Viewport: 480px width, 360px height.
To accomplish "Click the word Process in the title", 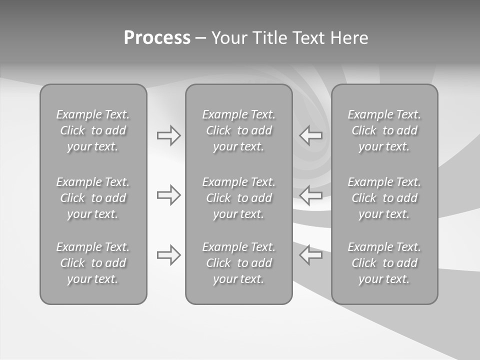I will point(157,38).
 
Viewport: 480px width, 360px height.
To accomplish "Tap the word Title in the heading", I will point(268,38).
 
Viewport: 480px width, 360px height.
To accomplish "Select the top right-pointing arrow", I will point(169,135).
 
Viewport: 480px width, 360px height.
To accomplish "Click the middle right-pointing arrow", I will point(169,195).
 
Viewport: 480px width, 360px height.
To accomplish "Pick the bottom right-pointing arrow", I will point(169,255).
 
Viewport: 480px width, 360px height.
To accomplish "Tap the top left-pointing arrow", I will point(310,135).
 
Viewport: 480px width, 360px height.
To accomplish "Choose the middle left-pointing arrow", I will point(310,195).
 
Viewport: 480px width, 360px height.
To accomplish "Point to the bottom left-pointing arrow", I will point(310,255).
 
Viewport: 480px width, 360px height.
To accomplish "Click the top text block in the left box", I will point(93,130).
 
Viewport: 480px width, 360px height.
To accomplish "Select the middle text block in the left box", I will point(93,198).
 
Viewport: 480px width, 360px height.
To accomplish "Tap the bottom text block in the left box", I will point(93,263).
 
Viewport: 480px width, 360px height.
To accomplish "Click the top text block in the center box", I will point(238,130).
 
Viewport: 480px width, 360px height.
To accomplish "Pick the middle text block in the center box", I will point(238,198).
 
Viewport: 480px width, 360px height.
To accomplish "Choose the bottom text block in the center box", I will point(238,263).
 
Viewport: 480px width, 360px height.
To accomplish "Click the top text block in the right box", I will point(384,130).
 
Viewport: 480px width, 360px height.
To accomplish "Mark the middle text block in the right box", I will point(384,198).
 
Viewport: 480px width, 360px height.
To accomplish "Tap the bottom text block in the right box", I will point(384,263).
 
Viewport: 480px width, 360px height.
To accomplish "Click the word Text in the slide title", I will point(308,38).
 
